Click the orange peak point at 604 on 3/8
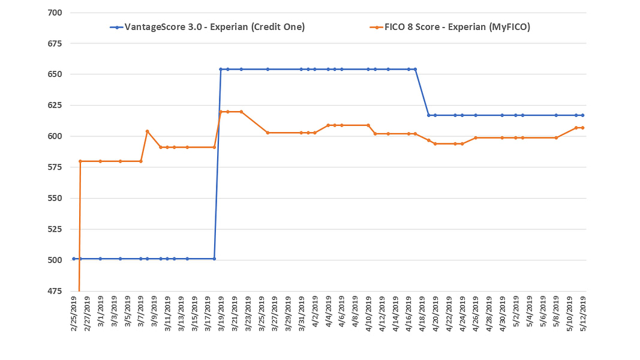(x=147, y=131)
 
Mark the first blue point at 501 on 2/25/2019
(x=74, y=259)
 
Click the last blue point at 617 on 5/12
(x=582, y=115)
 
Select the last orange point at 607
(x=582, y=128)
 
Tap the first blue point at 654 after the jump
(x=221, y=69)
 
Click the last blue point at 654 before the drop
(x=415, y=69)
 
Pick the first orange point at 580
(x=80, y=161)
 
